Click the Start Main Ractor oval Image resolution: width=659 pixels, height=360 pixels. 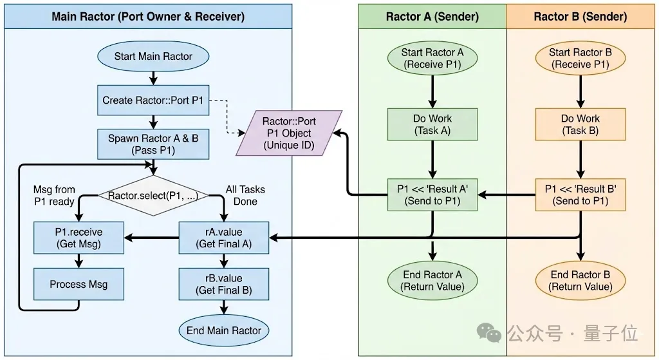coord(153,56)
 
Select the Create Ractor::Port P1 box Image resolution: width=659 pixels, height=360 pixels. coord(153,100)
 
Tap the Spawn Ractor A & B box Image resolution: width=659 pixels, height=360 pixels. coord(153,144)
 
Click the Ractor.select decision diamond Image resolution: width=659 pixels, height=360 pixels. coord(153,195)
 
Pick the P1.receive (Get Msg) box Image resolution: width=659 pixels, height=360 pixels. coord(79,238)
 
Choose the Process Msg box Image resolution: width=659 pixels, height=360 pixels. coord(79,284)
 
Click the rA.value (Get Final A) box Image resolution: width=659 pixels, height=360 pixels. coord(223,238)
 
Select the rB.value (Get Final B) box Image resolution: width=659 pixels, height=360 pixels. coord(223,284)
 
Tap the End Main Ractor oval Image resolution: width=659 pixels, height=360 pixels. coord(223,330)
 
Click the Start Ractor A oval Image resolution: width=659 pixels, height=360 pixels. coord(432,59)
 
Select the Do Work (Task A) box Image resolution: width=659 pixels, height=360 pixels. coord(432,124)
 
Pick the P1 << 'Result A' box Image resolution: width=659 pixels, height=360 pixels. coord(432,194)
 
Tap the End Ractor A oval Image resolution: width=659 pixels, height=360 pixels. coord(432,281)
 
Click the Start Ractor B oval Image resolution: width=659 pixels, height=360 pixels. coord(580,59)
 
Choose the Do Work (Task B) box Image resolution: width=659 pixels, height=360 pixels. coord(580,124)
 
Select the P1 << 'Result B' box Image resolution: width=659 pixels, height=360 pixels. coord(580,194)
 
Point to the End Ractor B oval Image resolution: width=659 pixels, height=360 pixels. coord(580,281)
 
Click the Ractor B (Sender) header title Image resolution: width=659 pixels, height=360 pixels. coord(580,17)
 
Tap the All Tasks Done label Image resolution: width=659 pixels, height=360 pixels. coord(245,195)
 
